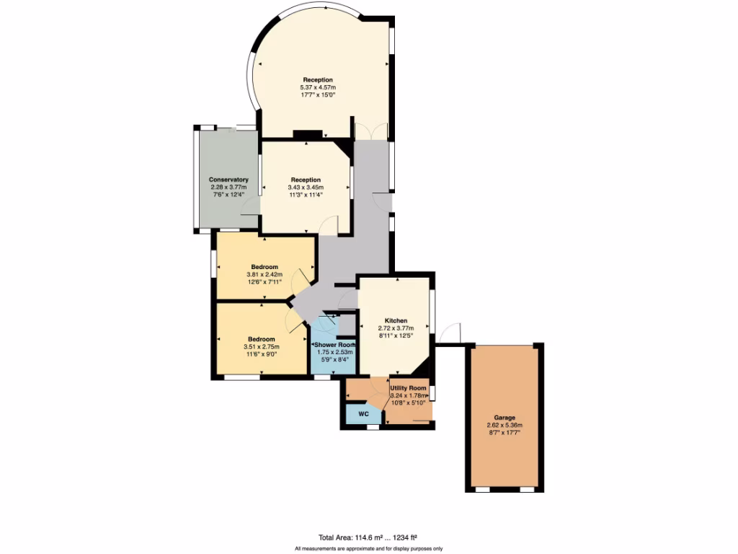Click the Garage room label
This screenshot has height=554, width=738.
[504, 418]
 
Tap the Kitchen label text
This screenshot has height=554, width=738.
[396, 320]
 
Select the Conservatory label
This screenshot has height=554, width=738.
[228, 180]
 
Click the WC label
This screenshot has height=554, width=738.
[364, 415]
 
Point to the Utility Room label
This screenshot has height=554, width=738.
[408, 388]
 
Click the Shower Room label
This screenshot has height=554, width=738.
[333, 345]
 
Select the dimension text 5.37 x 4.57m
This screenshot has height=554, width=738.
[318, 87]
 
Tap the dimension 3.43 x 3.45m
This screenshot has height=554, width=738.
[306, 187]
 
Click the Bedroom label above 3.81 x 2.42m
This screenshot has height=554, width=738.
[264, 267]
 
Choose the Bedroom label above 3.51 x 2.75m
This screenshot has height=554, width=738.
[262, 339]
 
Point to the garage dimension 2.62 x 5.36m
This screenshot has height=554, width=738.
[504, 426]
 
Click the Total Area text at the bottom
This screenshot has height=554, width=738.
[368, 537]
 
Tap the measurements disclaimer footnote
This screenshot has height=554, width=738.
[368, 549]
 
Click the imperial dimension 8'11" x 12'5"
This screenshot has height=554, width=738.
[396, 335]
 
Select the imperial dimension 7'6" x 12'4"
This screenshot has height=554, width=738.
[228, 195]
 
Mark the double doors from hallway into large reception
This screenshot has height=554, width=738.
[372, 132]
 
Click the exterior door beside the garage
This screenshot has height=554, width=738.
[452, 333]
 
